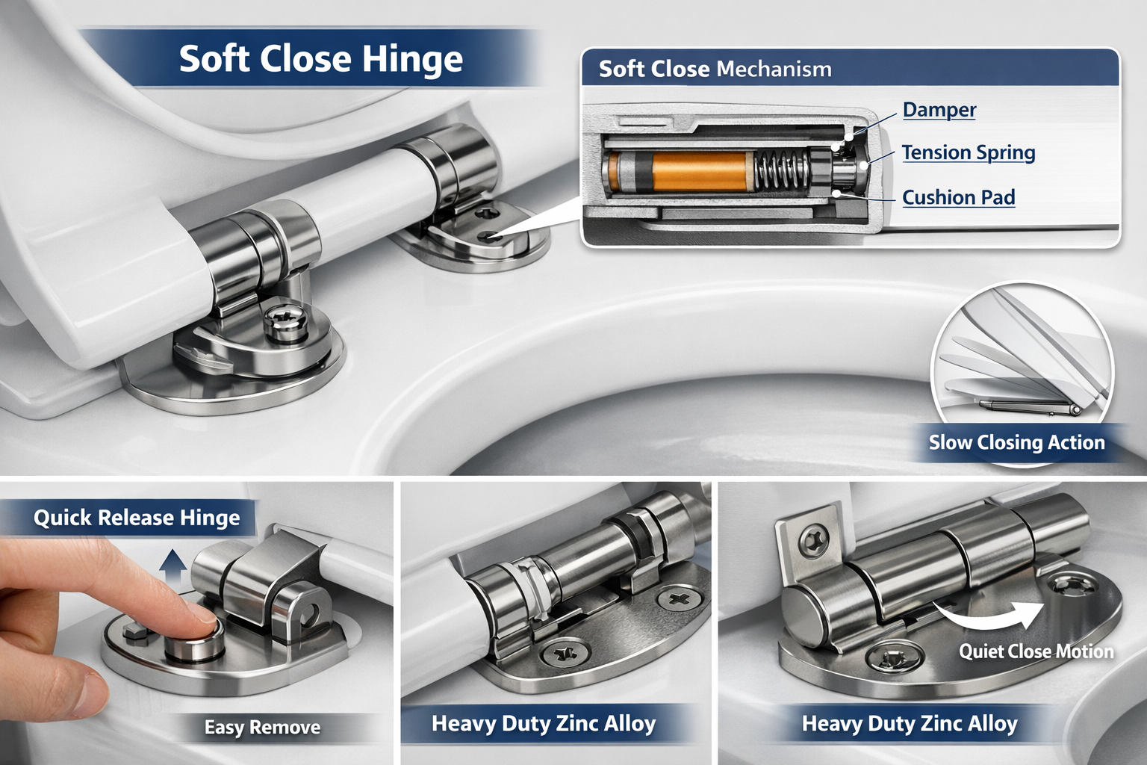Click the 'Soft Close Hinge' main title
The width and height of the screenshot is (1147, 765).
pos(320,59)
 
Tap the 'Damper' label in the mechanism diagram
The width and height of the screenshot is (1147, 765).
pos(939,110)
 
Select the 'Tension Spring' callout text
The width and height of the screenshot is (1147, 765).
pos(968,152)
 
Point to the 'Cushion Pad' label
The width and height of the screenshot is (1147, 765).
pos(958,197)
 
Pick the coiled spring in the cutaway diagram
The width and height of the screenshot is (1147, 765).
pos(781,170)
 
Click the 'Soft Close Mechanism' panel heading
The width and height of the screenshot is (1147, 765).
pos(715,69)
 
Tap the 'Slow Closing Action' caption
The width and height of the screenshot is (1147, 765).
pos(1016,442)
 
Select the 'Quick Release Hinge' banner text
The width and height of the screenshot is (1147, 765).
pos(137,518)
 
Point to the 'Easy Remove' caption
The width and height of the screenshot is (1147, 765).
pos(262,727)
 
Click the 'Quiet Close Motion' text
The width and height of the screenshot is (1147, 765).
pos(1036,651)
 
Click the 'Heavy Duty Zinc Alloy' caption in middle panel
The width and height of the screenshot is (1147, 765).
pos(543,723)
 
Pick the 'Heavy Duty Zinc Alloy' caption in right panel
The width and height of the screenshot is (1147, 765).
pos(909,723)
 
